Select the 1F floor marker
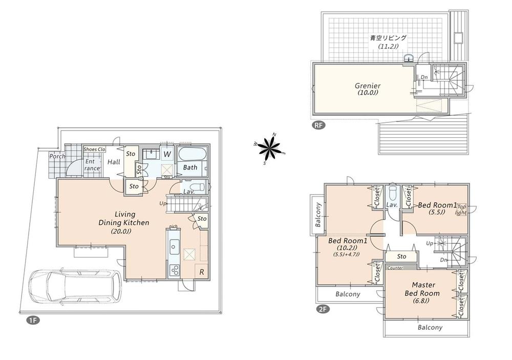click(32, 321)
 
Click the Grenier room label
click(368, 86)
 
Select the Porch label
click(57, 156)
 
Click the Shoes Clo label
click(94, 150)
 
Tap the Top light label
click(461, 209)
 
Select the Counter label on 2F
click(395, 268)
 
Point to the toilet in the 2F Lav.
click(393, 194)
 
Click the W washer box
click(167, 153)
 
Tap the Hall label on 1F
click(114, 162)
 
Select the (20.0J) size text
click(121, 231)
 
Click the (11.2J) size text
click(388, 47)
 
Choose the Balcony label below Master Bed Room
click(429, 328)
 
